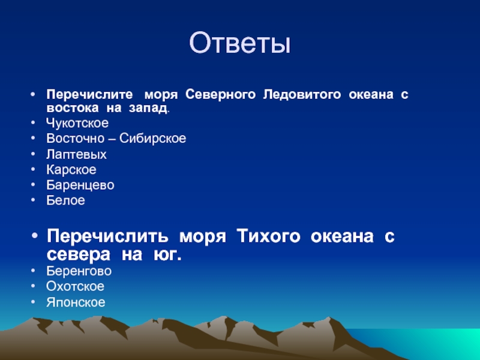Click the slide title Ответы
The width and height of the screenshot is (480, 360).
tap(239, 43)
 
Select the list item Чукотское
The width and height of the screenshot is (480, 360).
tap(77, 123)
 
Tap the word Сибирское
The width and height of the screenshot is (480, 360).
tap(152, 139)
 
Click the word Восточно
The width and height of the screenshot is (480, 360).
tap(76, 139)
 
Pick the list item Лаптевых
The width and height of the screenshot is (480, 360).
tap(77, 154)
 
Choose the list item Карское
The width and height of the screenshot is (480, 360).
tap(71, 170)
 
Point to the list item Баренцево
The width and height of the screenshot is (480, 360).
tap(80, 185)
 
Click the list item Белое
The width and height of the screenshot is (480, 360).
tap(65, 200)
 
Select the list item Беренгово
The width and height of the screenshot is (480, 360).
tap(79, 271)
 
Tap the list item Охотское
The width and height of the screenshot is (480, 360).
tap(76, 287)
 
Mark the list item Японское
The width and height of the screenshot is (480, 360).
tap(76, 302)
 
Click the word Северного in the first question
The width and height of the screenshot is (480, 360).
tap(220, 95)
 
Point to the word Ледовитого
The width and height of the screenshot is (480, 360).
tap(302, 95)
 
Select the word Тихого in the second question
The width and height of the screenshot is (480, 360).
tap(268, 236)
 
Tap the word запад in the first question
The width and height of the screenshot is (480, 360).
tap(148, 108)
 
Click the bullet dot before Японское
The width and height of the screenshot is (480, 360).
tap(33, 302)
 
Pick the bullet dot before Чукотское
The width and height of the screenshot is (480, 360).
tap(33, 123)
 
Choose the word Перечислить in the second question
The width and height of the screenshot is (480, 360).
tap(107, 237)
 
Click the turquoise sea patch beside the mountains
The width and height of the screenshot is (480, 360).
tap(428, 342)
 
